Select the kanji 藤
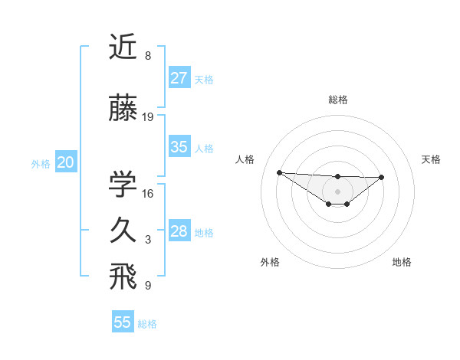123,108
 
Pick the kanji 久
123,230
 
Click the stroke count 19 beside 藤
148,117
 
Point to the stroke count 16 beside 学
148,193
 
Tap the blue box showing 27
179,78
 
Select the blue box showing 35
179,148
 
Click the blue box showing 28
179,231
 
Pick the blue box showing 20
66,162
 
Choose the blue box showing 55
123,322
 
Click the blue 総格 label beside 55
147,324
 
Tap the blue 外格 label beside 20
41,163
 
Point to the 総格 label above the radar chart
337,100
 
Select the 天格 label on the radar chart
432,159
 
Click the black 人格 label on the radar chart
245,159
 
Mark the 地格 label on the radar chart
402,262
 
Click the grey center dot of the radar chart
337,191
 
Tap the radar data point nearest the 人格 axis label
279,172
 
